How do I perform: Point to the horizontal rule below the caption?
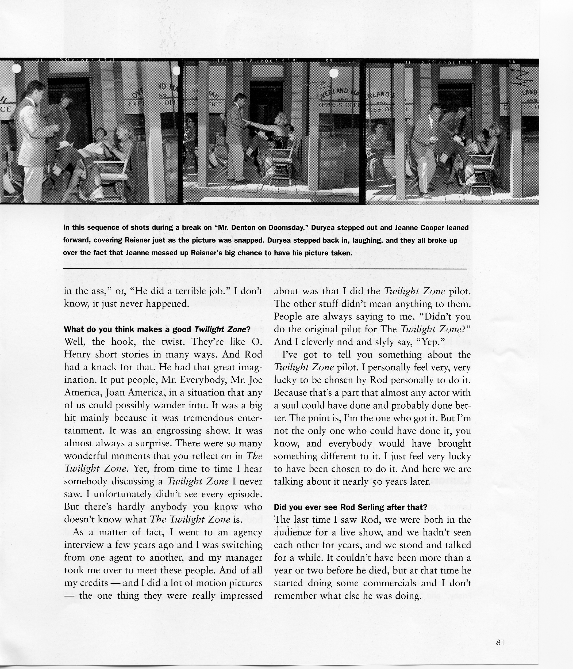point(264,269)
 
